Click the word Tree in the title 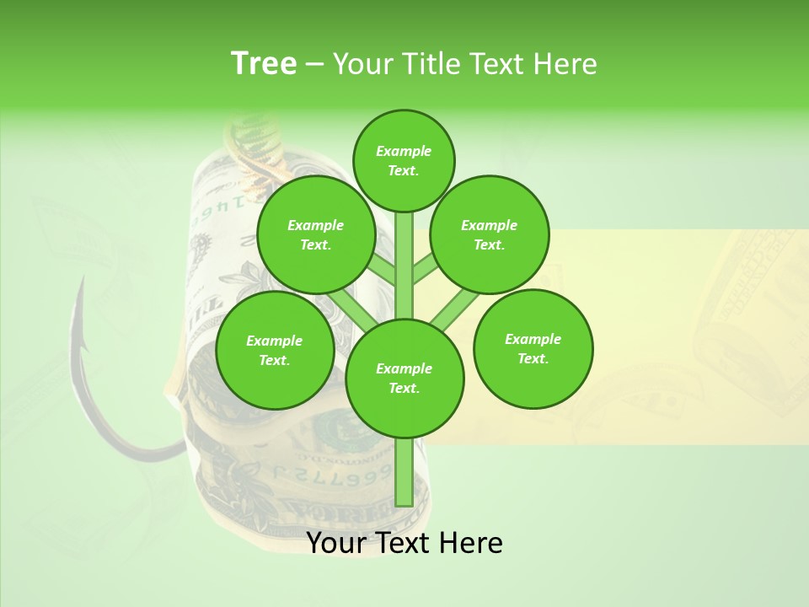(264, 64)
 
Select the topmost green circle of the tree (404, 160)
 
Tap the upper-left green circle (316, 234)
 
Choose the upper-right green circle (490, 234)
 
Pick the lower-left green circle (275, 350)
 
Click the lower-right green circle (533, 348)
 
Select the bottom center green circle (404, 378)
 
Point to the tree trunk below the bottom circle (404, 472)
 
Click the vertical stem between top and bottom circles (404, 266)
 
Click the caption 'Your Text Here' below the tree (404, 543)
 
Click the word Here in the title (565, 64)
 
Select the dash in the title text (315, 65)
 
